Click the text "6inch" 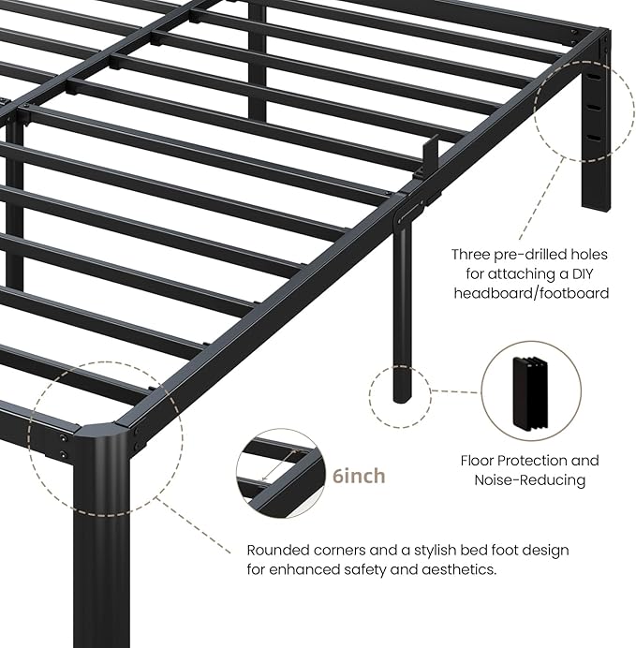359,477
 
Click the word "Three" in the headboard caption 471,255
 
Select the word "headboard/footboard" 531,293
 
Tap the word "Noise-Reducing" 529,480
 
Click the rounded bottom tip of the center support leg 401,394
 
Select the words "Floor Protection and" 529,461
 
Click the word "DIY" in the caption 589,273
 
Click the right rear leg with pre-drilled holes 596,140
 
